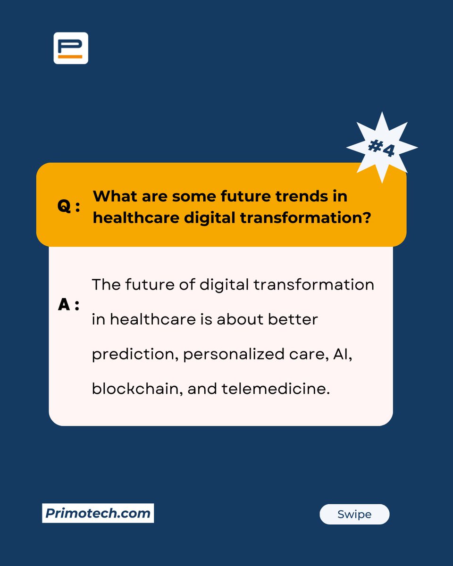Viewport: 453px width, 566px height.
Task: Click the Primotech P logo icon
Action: coord(71,48)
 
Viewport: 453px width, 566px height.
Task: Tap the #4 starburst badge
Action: coord(381,148)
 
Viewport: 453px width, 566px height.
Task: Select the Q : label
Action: coord(69,206)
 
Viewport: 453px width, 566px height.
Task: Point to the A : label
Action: coord(69,305)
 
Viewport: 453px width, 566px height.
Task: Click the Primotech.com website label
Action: coord(98,513)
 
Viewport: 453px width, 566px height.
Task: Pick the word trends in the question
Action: coord(295,196)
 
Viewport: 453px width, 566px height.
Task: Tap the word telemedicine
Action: coord(275,389)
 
